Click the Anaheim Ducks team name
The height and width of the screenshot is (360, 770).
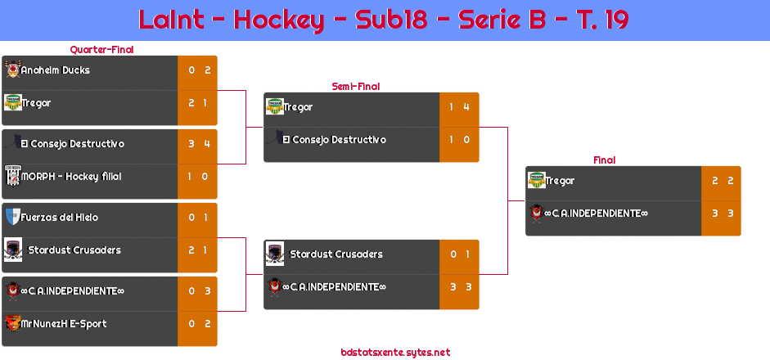(56, 70)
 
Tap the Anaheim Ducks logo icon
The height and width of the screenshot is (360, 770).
(12, 70)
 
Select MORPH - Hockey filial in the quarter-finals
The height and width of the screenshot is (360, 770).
(71, 177)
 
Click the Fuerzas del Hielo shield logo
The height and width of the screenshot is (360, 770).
(12, 217)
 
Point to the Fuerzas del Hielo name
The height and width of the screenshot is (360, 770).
(60, 218)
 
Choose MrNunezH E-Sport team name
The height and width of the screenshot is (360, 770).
(64, 324)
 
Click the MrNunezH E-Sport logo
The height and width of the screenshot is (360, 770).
(12, 323)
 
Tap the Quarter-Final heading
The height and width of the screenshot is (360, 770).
(101, 50)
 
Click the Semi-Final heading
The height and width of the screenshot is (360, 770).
(354, 86)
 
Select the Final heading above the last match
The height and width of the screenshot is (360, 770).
(603, 160)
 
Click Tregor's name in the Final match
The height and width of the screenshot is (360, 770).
(561, 181)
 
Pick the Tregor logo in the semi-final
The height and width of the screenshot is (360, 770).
(274, 106)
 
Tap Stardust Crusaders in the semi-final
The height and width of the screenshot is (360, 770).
(336, 254)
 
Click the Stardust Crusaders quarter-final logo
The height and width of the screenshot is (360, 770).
(12, 250)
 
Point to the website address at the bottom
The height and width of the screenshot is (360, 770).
(395, 353)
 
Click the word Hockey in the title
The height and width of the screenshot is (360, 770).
(278, 20)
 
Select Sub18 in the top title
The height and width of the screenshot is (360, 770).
(392, 20)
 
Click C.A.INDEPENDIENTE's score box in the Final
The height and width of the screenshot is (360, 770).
(721, 214)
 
